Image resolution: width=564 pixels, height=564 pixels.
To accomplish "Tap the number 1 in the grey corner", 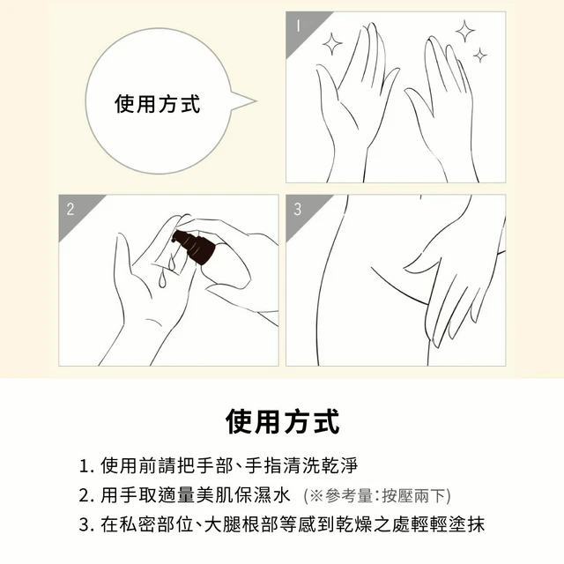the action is tap(298, 26).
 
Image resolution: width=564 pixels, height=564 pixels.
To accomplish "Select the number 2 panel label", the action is tap(70, 209).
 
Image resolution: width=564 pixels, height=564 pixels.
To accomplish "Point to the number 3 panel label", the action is tap(298, 209).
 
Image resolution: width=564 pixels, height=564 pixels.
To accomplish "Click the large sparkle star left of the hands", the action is tap(332, 44).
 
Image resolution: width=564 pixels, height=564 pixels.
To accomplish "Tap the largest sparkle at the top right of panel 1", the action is tap(465, 31).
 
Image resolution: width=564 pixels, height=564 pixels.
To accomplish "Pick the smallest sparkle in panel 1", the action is tap(479, 55).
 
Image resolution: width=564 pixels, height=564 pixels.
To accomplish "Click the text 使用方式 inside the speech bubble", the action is tap(157, 104).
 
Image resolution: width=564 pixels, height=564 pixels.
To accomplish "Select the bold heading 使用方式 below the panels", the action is tap(282, 421).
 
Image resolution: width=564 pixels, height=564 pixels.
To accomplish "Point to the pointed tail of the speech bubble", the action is tap(255, 101).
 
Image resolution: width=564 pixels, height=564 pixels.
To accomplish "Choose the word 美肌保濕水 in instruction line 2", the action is tap(243, 495).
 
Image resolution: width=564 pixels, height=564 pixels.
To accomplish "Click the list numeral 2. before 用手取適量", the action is tap(86, 495).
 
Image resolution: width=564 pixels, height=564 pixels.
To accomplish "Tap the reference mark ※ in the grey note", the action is tap(316, 495).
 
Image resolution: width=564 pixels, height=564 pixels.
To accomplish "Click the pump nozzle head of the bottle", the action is tap(179, 237).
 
